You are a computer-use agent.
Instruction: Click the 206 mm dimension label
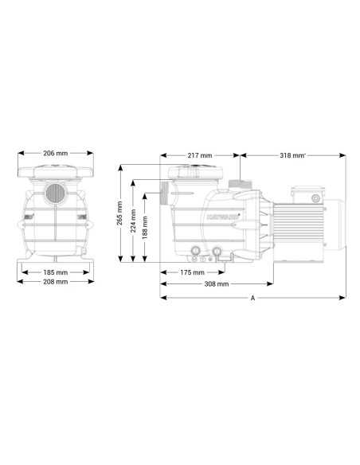click(56, 154)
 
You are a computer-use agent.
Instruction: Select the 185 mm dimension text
click(56, 272)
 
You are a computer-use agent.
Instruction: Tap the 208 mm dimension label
click(56, 282)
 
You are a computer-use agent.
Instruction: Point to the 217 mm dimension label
click(200, 155)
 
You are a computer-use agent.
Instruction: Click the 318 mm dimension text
click(292, 155)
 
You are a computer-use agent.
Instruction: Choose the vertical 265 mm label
click(119, 213)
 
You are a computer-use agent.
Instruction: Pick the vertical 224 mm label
click(133, 221)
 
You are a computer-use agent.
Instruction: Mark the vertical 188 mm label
click(145, 228)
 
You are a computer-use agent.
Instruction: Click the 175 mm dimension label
click(192, 272)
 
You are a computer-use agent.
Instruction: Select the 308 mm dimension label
click(217, 284)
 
